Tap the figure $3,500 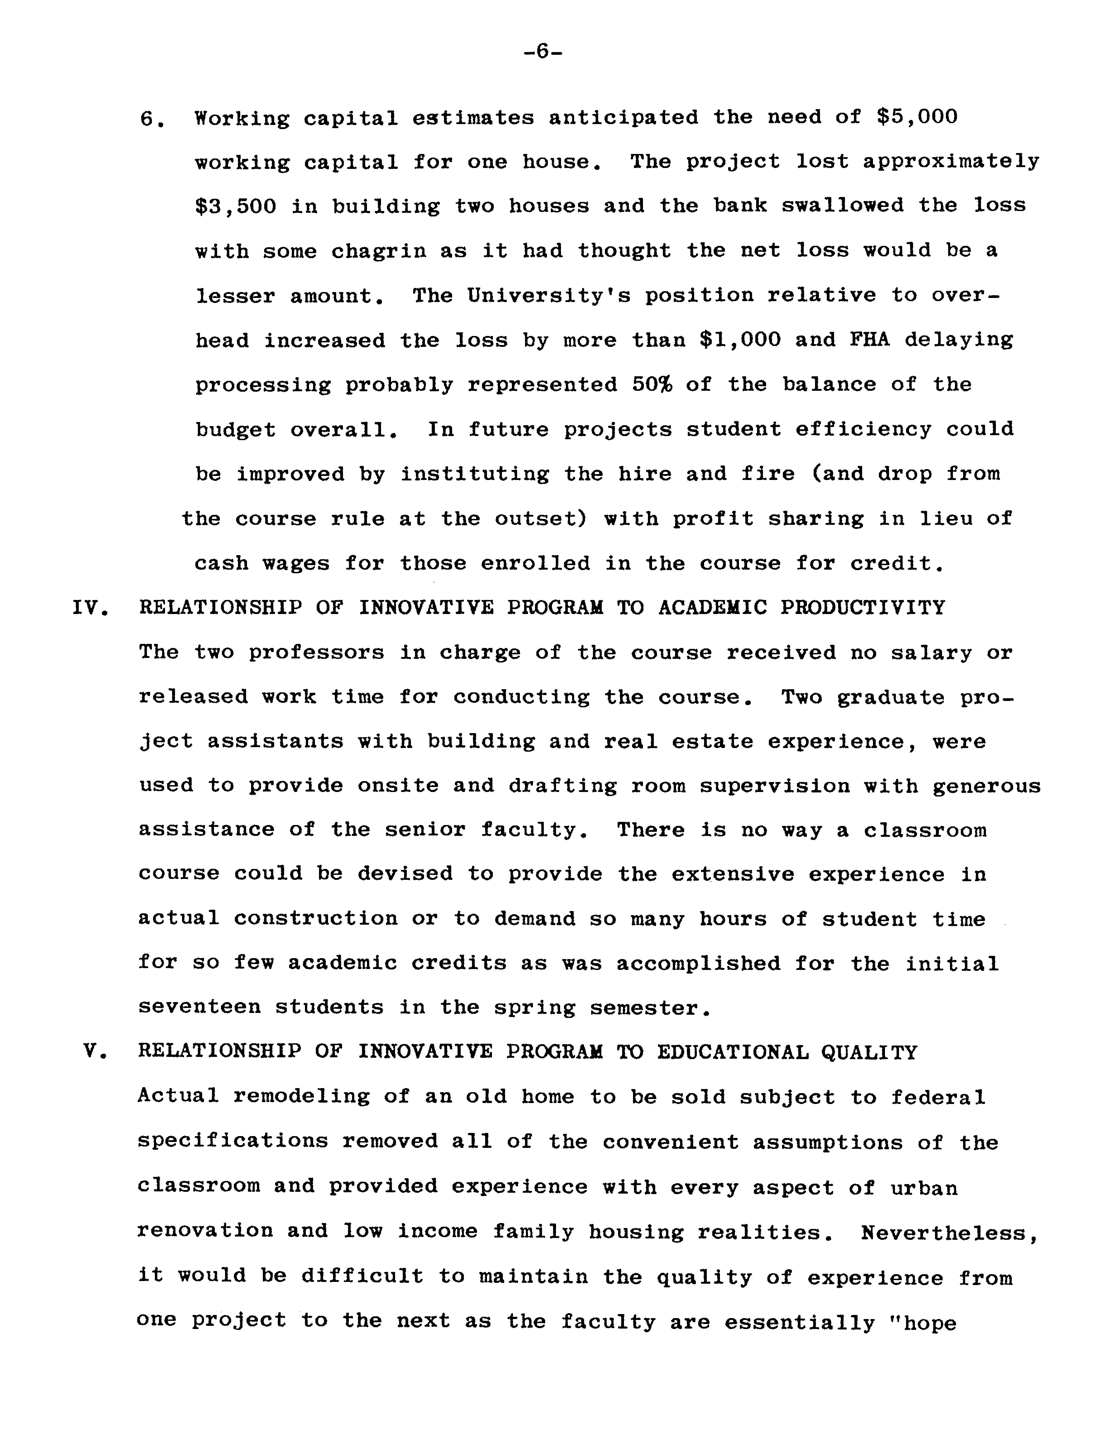(x=235, y=206)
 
